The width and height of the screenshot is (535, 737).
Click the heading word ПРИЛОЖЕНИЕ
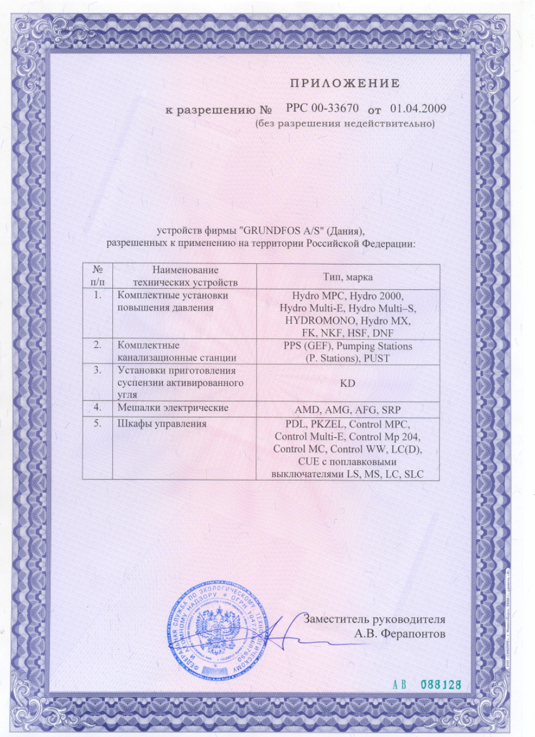tap(345, 83)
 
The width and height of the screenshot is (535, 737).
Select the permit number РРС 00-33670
tap(323, 109)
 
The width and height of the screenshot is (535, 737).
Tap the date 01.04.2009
tap(419, 109)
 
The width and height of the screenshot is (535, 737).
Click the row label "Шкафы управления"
tap(162, 424)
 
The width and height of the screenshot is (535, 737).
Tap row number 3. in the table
tap(98, 368)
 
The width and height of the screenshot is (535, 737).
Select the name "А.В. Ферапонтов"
tap(400, 633)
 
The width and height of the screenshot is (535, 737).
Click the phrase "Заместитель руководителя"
tap(375, 619)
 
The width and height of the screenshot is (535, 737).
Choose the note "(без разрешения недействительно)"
tap(345, 123)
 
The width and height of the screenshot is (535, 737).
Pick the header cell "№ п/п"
tap(98, 277)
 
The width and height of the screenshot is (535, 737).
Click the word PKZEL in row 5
tap(320, 424)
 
